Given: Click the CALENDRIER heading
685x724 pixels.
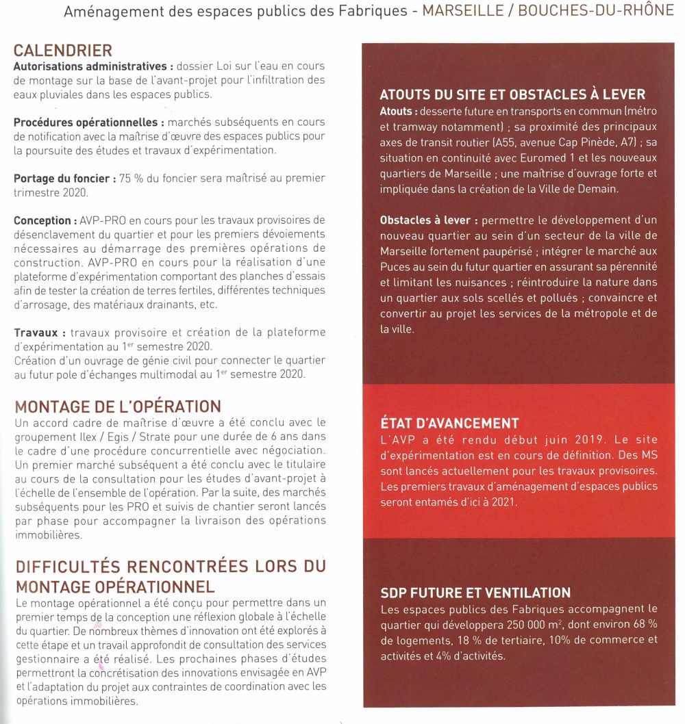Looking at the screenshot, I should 62,51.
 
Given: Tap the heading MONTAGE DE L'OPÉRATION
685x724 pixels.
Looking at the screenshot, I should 117,406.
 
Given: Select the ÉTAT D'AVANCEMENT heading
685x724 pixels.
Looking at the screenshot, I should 449,423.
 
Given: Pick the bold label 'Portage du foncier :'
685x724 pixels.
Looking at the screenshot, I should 61,179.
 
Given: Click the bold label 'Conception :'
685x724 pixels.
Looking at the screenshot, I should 44,221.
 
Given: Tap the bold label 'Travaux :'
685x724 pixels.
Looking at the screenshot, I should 40,333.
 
